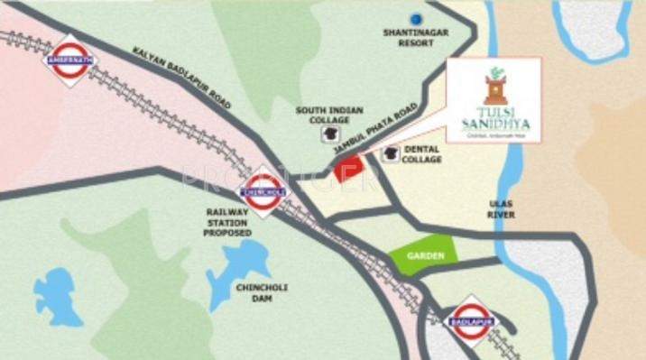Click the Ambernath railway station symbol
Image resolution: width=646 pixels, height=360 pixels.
[69, 60]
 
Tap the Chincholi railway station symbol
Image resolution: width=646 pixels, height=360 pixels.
[263, 192]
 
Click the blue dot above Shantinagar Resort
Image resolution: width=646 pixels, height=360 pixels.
[416, 18]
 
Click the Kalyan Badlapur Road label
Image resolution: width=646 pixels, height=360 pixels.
[180, 79]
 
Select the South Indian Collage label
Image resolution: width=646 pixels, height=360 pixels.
[330, 115]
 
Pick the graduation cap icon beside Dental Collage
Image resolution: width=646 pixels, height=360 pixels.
[391, 153]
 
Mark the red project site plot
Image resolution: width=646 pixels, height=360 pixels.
[348, 169]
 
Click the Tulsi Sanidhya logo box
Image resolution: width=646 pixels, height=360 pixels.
[494, 100]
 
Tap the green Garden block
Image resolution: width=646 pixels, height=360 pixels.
[423, 254]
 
